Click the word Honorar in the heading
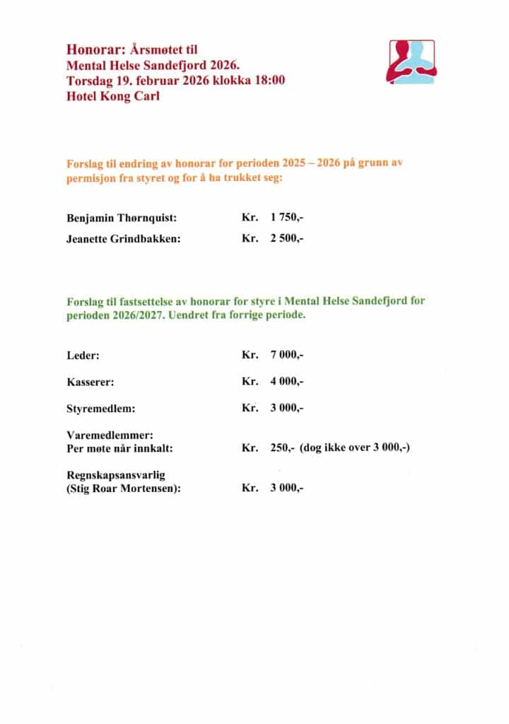[x=90, y=49]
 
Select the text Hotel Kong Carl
[x=112, y=95]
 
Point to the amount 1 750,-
[x=286, y=216]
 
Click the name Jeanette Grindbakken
[x=124, y=238]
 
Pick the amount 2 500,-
[x=286, y=238]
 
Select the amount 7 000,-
[x=286, y=354]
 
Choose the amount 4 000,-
[x=286, y=381]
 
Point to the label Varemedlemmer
[x=110, y=436]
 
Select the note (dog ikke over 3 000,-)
[x=355, y=448]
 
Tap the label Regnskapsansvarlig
[x=115, y=475]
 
